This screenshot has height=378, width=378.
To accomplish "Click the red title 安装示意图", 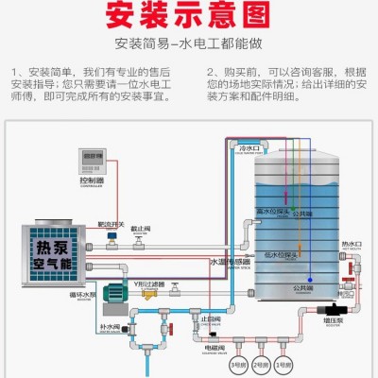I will coord(189,17).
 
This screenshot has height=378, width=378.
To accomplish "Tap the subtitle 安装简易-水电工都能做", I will coord(189,43).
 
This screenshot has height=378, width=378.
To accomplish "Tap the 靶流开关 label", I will coord(111,225).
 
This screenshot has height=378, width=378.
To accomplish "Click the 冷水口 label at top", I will coord(248,148).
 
